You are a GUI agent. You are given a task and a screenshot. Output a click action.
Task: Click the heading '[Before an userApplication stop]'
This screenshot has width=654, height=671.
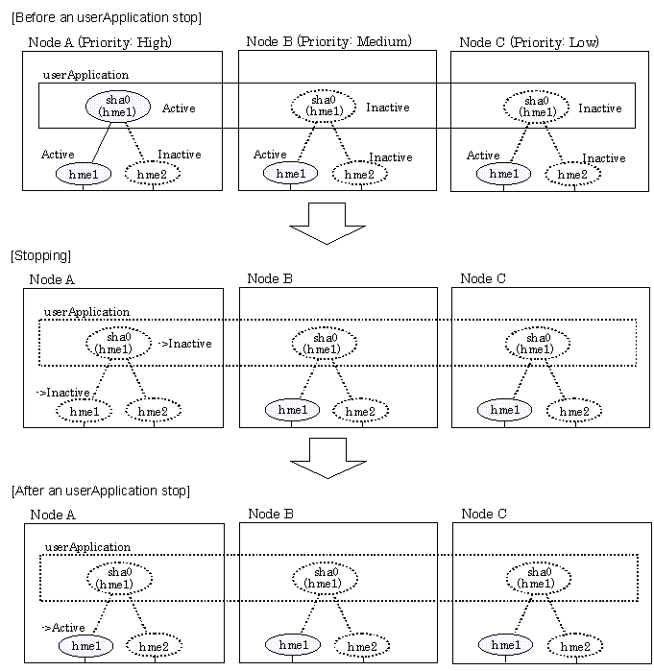(106, 17)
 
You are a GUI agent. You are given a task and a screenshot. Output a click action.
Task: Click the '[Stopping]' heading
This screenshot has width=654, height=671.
(39, 256)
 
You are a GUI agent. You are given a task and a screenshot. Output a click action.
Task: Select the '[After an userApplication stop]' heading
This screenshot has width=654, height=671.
(100, 491)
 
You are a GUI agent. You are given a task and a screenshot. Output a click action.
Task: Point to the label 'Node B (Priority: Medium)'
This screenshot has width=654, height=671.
(328, 41)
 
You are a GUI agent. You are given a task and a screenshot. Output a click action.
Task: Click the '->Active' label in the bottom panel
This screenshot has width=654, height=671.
(64, 628)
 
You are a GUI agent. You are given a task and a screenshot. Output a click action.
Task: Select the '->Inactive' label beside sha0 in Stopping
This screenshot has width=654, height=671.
(183, 344)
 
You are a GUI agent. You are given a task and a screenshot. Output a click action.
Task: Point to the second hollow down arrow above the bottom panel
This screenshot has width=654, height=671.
(327, 457)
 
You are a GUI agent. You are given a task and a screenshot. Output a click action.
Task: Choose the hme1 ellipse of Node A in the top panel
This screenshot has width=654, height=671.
(84, 174)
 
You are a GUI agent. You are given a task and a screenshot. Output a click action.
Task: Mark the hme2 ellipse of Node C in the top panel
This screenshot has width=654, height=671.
(572, 175)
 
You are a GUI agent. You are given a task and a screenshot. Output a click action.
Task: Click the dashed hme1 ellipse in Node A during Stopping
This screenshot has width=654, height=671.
(84, 411)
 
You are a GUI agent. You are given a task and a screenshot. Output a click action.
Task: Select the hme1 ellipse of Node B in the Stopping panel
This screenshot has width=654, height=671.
(292, 410)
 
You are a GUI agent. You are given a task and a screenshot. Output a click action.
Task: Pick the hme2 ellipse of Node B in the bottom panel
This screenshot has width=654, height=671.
(361, 646)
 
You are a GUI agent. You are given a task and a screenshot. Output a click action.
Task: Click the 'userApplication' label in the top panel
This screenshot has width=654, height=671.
(85, 74)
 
